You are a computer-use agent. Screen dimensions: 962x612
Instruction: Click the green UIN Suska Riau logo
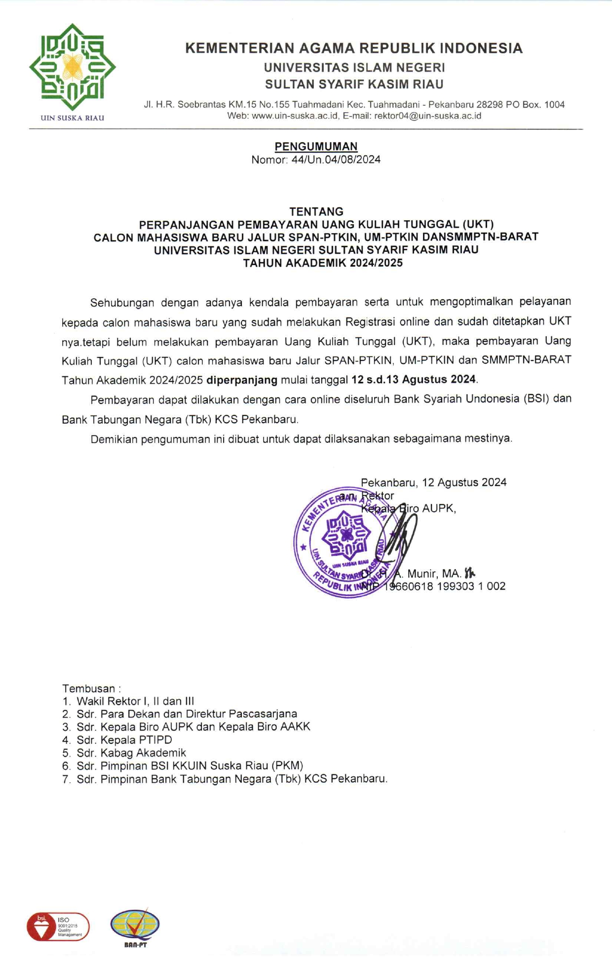(72, 67)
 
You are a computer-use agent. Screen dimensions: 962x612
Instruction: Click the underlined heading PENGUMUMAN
(316, 146)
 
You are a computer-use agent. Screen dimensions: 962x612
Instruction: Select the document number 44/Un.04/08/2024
(336, 160)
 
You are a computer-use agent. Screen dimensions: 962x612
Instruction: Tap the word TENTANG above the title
(316, 211)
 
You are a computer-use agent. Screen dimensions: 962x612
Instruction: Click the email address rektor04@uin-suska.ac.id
(427, 116)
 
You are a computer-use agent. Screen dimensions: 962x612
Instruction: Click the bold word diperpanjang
(242, 380)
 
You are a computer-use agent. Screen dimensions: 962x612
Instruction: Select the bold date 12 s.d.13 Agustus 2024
(414, 380)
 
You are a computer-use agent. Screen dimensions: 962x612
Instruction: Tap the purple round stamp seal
(341, 542)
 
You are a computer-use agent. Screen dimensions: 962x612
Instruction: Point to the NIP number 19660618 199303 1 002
(444, 586)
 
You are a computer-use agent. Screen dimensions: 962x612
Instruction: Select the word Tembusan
(89, 688)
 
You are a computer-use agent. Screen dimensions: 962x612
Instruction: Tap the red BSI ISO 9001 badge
(58, 926)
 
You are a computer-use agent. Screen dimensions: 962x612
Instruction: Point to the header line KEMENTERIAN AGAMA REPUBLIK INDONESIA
(353, 48)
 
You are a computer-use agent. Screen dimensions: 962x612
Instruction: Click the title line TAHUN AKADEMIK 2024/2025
(323, 263)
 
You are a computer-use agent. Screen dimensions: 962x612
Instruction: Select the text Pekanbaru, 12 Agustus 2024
(433, 482)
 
